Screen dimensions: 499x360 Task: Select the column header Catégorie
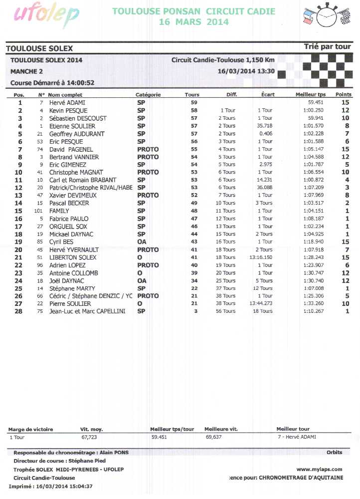[x=148, y=95]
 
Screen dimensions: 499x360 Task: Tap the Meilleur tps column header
[x=310, y=95]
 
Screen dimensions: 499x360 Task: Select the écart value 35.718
[x=264, y=126]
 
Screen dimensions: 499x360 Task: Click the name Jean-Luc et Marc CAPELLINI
[x=87, y=311]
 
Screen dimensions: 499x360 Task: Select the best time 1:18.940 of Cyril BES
[x=313, y=242]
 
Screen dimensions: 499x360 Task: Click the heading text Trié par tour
[x=327, y=47]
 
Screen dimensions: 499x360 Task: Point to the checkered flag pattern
[x=314, y=68]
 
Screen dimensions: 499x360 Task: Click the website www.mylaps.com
[x=319, y=469]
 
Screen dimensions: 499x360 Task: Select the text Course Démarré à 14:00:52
[x=52, y=83]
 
